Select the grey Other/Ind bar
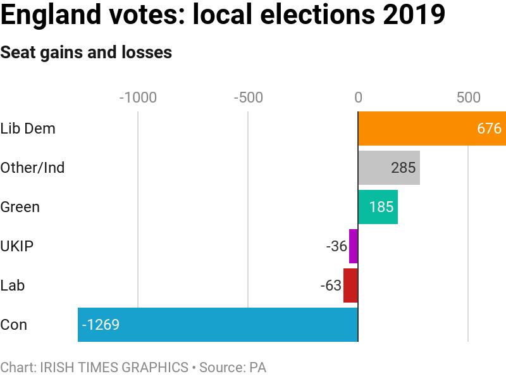pyautogui.click(x=389, y=168)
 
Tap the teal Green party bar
pyautogui.click(x=378, y=207)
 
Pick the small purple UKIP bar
pyautogui.click(x=354, y=246)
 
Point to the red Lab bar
pyautogui.click(x=350, y=285)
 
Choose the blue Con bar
pyautogui.click(x=218, y=325)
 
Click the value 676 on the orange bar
pyautogui.click(x=489, y=128)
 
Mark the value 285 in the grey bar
pyautogui.click(x=403, y=168)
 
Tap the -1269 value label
pyautogui.click(x=101, y=325)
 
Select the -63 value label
pyautogui.click(x=331, y=285)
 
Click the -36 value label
pyautogui.click(x=336, y=246)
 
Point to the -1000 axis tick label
pyautogui.click(x=138, y=97)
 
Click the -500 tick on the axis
pyautogui.click(x=248, y=97)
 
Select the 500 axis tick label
pyautogui.click(x=468, y=97)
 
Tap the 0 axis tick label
pyautogui.click(x=358, y=97)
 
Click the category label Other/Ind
pyautogui.click(x=32, y=168)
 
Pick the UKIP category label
pyautogui.click(x=17, y=246)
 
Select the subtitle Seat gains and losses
pyautogui.click(x=86, y=52)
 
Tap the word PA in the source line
pyautogui.click(x=257, y=367)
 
